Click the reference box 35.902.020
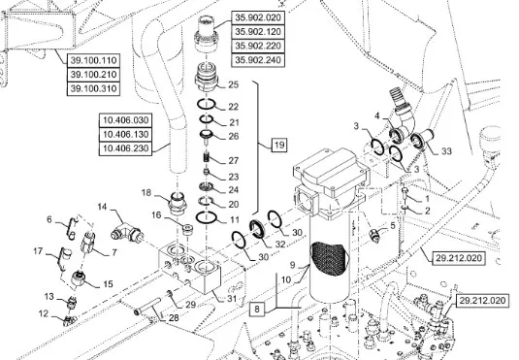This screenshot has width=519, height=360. pos(258,17)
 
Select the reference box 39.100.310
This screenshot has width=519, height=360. pos(93,88)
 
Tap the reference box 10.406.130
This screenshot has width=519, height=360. pos(125,135)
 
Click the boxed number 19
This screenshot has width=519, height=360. pos(279,145)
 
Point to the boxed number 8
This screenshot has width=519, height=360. pos(257,310)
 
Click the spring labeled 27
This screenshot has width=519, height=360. pos(208,155)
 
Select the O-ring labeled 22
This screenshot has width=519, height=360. pos(207,105)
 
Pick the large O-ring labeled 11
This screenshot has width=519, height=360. pos(207,218)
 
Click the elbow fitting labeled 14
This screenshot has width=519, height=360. pos(127,232)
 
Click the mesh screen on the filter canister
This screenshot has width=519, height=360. pos(329,258)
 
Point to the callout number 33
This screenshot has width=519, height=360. pos(446,151)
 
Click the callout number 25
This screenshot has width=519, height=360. pos(234,84)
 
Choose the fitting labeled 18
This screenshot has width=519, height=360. pos(178,202)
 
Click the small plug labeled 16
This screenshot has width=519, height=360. pos(188,230)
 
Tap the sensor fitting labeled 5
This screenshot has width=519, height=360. pos(374,236)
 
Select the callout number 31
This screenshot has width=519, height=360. pos(232,299)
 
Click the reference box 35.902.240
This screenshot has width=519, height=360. pos(258,60)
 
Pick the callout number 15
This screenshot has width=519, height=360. pos(108,284)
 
